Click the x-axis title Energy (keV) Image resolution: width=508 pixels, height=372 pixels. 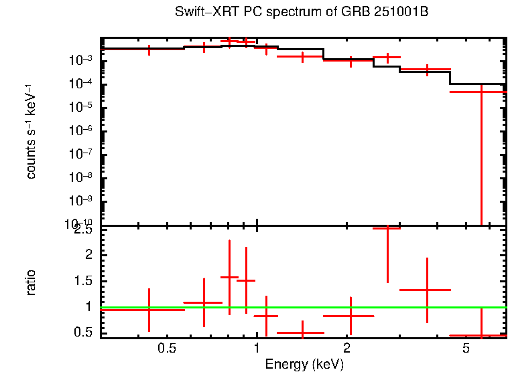tap(304, 364)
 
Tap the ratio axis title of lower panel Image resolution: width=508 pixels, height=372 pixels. tap(31, 282)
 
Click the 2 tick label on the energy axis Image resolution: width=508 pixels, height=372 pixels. tap(346, 348)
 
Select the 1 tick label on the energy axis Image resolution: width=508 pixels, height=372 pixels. tap(257, 348)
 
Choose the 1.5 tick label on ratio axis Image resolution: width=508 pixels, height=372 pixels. tap(85, 280)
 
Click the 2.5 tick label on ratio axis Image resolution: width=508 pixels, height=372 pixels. tap(85, 229)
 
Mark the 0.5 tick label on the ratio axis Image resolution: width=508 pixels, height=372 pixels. tap(85, 332)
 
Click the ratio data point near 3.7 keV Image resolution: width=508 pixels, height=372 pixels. tap(427, 290)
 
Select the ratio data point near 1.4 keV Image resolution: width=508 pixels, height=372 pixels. tap(302, 332)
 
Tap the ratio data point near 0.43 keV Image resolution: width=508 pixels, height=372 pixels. tap(149, 310)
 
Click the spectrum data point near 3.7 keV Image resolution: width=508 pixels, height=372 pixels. tap(427, 69)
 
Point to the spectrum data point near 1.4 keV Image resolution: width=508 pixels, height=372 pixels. tap(302, 57)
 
